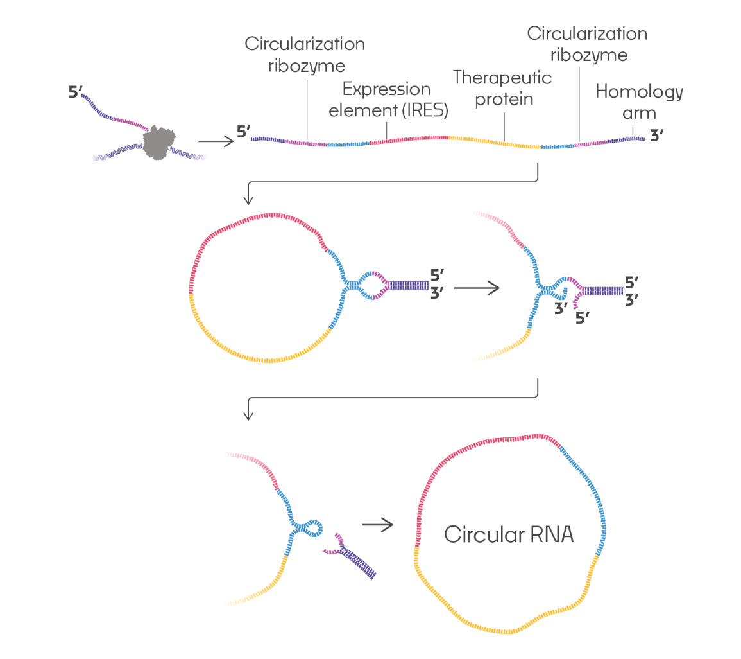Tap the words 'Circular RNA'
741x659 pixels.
509,534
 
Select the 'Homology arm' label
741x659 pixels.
639,102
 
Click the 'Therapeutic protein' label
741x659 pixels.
502,89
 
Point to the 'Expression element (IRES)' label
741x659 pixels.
388,99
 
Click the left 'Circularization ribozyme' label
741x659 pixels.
305,55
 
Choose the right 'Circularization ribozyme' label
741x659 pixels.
586,44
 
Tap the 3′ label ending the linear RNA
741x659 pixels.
658,137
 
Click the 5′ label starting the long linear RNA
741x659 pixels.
243,133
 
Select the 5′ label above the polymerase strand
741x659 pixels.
75,91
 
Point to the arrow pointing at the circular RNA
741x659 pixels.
377,525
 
